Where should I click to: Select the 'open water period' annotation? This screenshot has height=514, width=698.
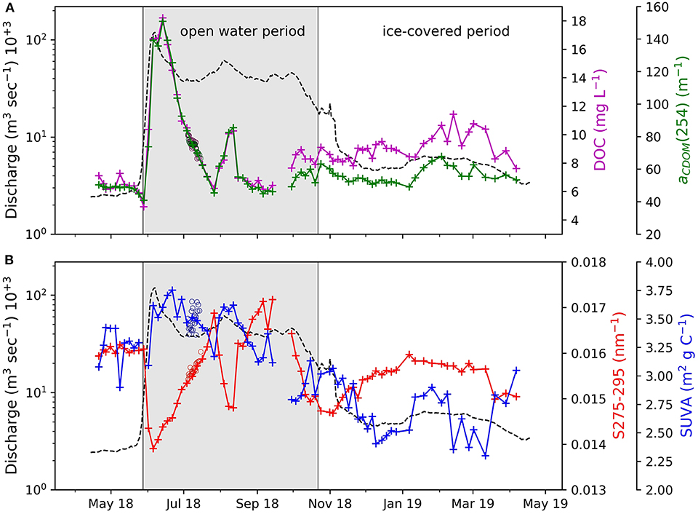click(241, 31)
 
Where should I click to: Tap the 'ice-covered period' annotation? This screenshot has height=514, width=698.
click(446, 31)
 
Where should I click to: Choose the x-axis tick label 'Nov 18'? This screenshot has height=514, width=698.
click(329, 503)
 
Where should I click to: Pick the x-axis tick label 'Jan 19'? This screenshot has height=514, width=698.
click(401, 503)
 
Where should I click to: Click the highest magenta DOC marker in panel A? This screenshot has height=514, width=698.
click(163, 17)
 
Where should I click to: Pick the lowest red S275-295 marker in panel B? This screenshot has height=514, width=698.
click(153, 448)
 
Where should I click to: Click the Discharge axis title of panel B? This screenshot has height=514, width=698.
click(12, 376)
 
